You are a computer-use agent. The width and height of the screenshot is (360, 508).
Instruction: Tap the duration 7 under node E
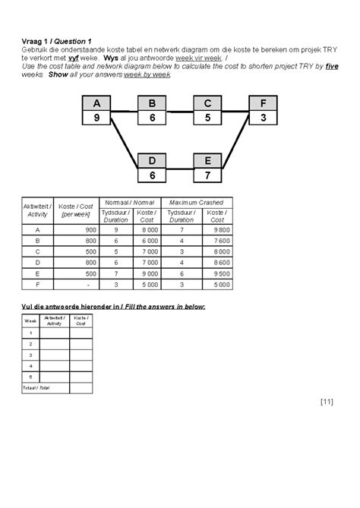coord(208,175)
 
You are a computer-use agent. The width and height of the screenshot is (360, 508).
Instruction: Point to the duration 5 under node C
coord(208,118)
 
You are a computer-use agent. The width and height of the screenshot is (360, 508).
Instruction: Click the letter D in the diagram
coord(152,161)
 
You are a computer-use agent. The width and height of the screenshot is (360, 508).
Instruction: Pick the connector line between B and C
coord(180,109)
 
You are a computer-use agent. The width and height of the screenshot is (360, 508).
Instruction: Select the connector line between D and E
coord(180,168)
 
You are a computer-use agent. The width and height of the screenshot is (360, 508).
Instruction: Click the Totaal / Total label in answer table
coord(33,387)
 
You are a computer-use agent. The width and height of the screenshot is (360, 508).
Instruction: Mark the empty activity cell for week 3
coord(54,354)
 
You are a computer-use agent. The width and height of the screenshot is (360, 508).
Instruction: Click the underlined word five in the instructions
coord(332,65)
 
